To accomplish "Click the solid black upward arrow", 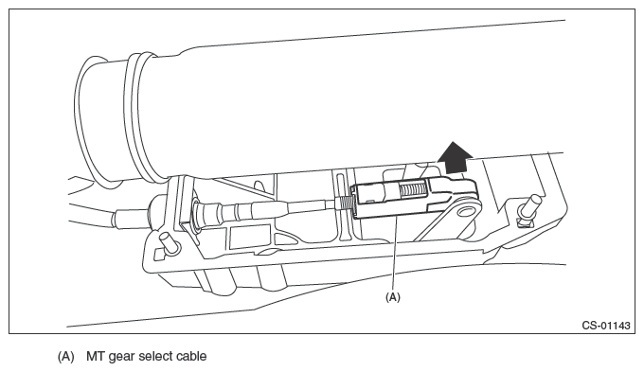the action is pyautogui.click(x=455, y=158).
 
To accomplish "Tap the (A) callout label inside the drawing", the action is pyautogui.click(x=393, y=297).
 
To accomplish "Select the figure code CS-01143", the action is pyautogui.click(x=606, y=326).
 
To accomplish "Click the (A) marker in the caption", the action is pyautogui.click(x=65, y=357).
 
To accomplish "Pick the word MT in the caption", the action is pyautogui.click(x=95, y=356).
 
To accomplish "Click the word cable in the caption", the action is pyautogui.click(x=192, y=356).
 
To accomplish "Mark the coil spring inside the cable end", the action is pyautogui.click(x=413, y=189).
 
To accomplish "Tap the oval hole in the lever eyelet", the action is pyautogui.click(x=466, y=212).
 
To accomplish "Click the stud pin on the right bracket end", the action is pyautogui.click(x=531, y=207).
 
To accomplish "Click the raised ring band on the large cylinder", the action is pyautogui.click(x=140, y=117).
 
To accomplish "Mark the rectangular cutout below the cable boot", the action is pyautogui.click(x=242, y=238).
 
